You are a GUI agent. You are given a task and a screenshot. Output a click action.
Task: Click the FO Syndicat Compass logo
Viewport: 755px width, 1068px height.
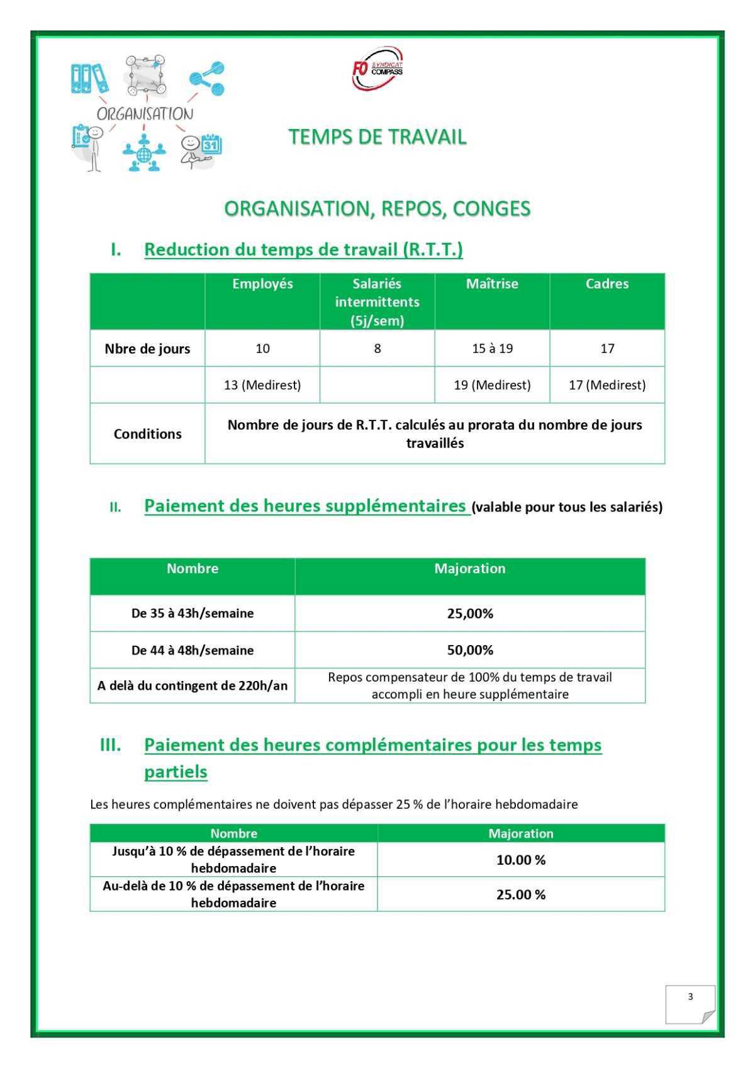point(377,68)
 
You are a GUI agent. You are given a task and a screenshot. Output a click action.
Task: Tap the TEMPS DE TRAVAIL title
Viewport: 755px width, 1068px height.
point(377,137)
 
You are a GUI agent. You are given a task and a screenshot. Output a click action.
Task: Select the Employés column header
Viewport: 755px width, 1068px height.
point(262,284)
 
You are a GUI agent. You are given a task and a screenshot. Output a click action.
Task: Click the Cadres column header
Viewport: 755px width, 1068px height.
point(607,284)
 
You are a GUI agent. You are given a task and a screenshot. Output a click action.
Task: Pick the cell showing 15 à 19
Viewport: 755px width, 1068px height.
point(492,349)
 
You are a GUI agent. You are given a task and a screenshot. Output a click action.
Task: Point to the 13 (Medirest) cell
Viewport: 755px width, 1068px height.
point(262,385)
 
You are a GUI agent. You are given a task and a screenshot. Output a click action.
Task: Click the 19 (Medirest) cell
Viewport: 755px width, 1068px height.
point(492,385)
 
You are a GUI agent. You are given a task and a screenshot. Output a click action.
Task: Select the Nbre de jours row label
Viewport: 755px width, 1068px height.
point(147,349)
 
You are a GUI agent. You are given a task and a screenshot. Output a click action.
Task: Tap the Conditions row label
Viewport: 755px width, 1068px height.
point(147,434)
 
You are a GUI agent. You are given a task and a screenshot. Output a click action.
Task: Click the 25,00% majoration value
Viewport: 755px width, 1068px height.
point(470,614)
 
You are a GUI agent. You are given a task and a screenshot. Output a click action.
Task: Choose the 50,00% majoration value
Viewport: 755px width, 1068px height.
point(470,650)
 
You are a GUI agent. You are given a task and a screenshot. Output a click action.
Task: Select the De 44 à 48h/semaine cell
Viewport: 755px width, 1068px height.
point(193,650)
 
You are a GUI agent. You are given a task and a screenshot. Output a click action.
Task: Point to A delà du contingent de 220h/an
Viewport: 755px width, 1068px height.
point(193,685)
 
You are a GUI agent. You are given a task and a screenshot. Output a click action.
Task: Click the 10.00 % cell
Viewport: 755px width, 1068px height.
point(521,860)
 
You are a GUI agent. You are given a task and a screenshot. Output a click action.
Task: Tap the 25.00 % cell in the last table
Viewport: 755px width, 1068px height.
point(521,894)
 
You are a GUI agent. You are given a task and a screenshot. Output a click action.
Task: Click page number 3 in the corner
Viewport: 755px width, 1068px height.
point(690,996)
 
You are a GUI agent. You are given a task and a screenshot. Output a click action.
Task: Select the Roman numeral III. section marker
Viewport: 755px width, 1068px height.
point(111,745)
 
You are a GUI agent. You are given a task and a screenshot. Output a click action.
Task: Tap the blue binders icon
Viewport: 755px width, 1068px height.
point(89,79)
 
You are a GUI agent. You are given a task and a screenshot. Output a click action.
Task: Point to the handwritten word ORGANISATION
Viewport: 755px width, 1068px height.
point(145,114)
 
